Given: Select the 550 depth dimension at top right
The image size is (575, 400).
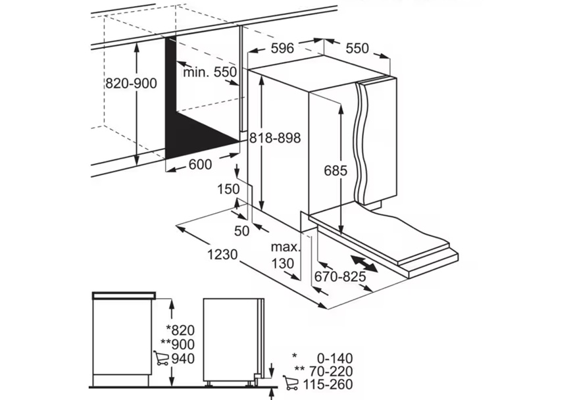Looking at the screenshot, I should tap(357, 49).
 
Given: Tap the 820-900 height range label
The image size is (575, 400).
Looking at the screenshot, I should tap(131, 84).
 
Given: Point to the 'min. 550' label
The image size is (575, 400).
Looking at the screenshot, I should tap(210, 72).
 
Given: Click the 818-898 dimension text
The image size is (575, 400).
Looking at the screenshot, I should tap(275, 138).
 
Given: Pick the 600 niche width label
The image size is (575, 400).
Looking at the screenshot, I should tap(200, 165).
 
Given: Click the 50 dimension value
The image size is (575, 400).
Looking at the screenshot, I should tap(242, 230).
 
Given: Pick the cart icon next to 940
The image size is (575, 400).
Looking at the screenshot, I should tap(161, 359).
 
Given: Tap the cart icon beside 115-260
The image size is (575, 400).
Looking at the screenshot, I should tap(290, 384).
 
